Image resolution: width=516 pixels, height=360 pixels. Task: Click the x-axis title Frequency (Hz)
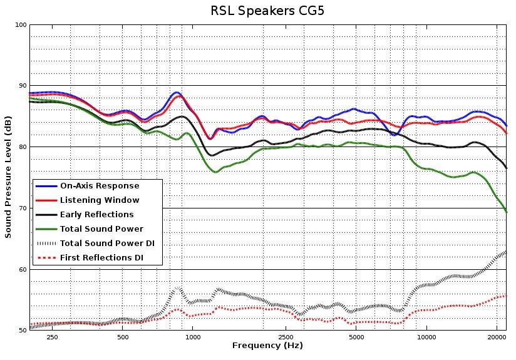pyautogui.click(x=267, y=346)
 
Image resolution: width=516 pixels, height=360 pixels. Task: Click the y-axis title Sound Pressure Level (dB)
pyautogui.click(x=8, y=177)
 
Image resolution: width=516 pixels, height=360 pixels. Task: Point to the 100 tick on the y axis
pyautogui.click(x=21, y=25)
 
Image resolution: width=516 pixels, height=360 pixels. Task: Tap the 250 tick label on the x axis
pyautogui.click(x=52, y=337)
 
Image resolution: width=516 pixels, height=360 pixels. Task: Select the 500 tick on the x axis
pyautogui.click(x=123, y=337)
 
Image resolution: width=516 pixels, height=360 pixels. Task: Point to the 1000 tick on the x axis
pyautogui.click(x=193, y=337)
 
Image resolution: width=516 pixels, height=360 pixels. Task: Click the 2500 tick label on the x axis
pyautogui.click(x=286, y=337)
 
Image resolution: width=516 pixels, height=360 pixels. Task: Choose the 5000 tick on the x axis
pyautogui.click(x=356, y=337)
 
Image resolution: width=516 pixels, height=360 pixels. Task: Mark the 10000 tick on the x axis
pyautogui.click(x=426, y=337)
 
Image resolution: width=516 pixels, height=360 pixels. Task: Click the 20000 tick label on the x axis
pyautogui.click(x=497, y=337)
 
